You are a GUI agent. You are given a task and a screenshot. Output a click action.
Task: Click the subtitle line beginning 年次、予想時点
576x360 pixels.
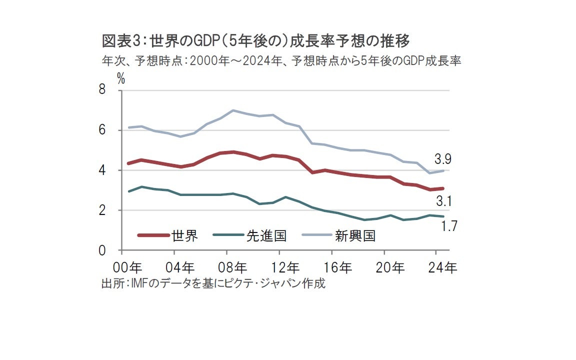pyautogui.click(x=280, y=61)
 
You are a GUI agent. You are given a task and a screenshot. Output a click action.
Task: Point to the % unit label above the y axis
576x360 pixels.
pyautogui.click(x=120, y=77)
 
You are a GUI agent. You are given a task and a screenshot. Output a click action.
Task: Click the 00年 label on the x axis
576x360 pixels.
pyautogui.click(x=129, y=267)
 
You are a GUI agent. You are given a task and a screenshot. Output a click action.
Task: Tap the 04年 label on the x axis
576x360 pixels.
pyautogui.click(x=181, y=267)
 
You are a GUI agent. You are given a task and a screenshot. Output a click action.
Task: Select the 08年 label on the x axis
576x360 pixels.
pyautogui.click(x=233, y=267)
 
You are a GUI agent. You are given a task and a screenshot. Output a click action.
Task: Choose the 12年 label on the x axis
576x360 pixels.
pyautogui.click(x=286, y=267)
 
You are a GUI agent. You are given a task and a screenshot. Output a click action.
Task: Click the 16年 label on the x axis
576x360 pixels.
pyautogui.click(x=338, y=267)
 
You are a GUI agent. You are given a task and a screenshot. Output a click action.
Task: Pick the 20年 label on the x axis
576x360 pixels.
pyautogui.click(x=390, y=267)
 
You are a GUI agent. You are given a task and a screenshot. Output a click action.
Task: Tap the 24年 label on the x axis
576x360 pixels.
pyautogui.click(x=443, y=267)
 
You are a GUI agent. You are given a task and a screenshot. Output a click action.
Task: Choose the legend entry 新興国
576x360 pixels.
pyautogui.click(x=355, y=235)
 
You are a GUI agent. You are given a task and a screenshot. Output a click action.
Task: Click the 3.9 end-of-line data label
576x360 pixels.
pyautogui.click(x=443, y=159)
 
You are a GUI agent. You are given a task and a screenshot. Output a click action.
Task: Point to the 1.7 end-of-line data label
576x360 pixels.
pyautogui.click(x=449, y=226)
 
